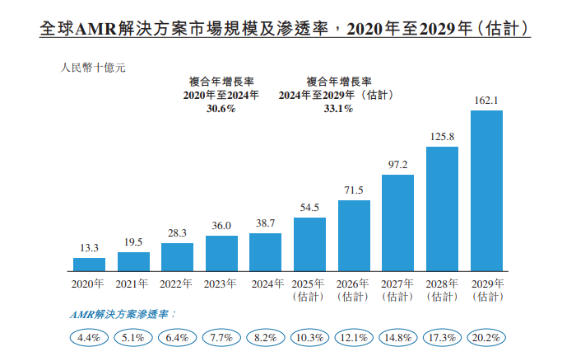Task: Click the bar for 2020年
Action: tap(89, 265)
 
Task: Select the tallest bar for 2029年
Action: tap(486, 190)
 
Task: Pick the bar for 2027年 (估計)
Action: tap(398, 223)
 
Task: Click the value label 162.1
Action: tap(486, 101)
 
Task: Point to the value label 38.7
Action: tap(266, 224)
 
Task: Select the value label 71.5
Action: tap(354, 190)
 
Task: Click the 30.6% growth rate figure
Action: tap(221, 109)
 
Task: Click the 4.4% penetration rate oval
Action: tap(89, 338)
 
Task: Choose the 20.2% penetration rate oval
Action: tap(486, 338)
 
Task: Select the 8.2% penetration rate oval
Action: tap(266, 338)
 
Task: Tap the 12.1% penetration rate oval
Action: tap(354, 338)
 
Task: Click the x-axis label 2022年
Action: tap(177, 284)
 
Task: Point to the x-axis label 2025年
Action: tap(310, 284)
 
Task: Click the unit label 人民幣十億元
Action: tap(93, 68)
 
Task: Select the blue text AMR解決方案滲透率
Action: tap(122, 315)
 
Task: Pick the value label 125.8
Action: tap(442, 137)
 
